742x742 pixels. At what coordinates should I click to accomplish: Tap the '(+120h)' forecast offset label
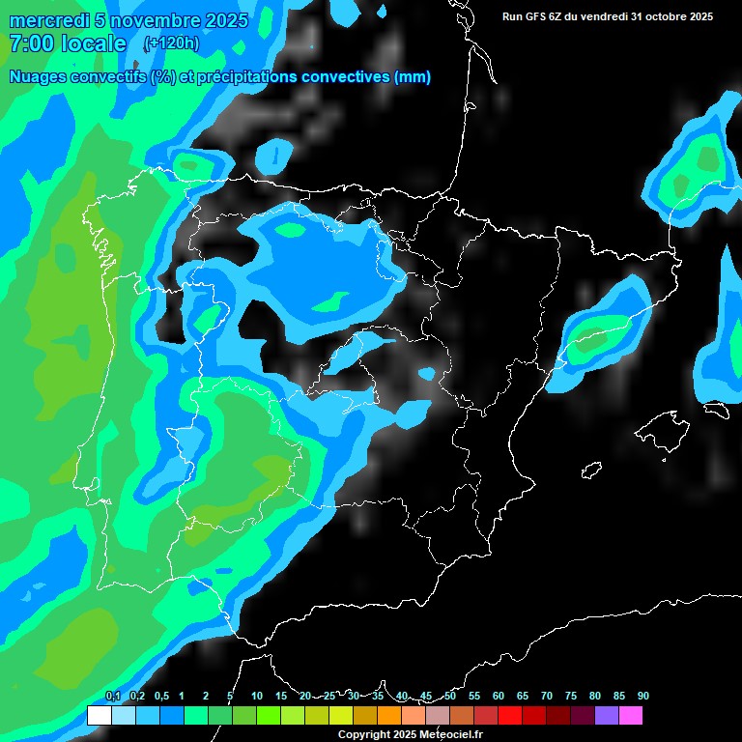pos(171,43)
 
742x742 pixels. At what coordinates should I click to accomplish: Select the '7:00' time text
pos(30,43)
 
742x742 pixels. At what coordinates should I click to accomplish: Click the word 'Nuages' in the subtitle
pos(39,77)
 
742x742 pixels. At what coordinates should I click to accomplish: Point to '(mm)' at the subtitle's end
pos(413,77)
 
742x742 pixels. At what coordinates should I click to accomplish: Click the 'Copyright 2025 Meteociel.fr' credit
pos(410,735)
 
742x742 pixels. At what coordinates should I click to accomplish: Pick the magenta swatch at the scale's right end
pos(631,716)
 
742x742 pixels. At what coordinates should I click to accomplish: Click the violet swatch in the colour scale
pos(607,716)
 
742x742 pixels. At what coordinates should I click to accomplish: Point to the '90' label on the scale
pos(642,696)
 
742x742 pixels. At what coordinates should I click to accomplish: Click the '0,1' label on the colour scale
pos(113,696)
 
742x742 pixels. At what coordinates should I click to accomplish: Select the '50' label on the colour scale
pos(450,696)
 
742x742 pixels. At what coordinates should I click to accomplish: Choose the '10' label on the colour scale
pos(257,696)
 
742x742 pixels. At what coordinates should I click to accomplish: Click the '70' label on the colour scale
pos(547,696)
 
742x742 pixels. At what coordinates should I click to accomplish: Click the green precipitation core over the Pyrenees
pos(586,340)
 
